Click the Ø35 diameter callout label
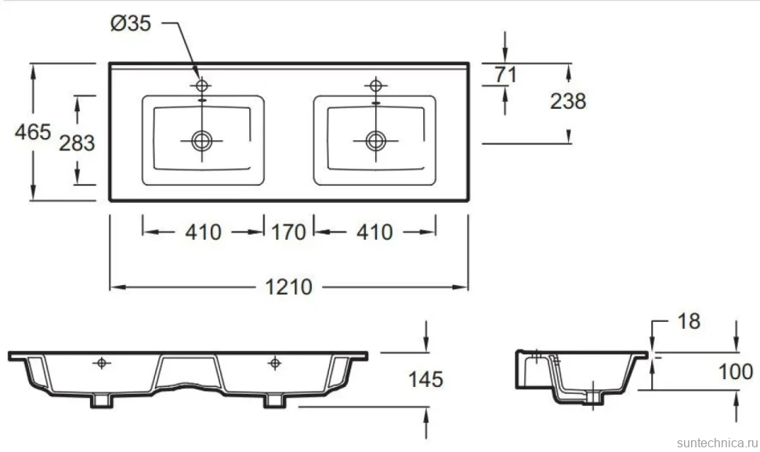point(131,24)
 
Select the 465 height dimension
point(32,132)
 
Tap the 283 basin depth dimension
point(77,143)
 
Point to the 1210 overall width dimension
point(288,287)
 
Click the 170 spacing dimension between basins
point(288,232)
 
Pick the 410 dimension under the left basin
point(203,232)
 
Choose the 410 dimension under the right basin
point(375,232)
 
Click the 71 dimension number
point(505,74)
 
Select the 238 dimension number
point(568,101)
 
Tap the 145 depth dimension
point(425,379)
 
